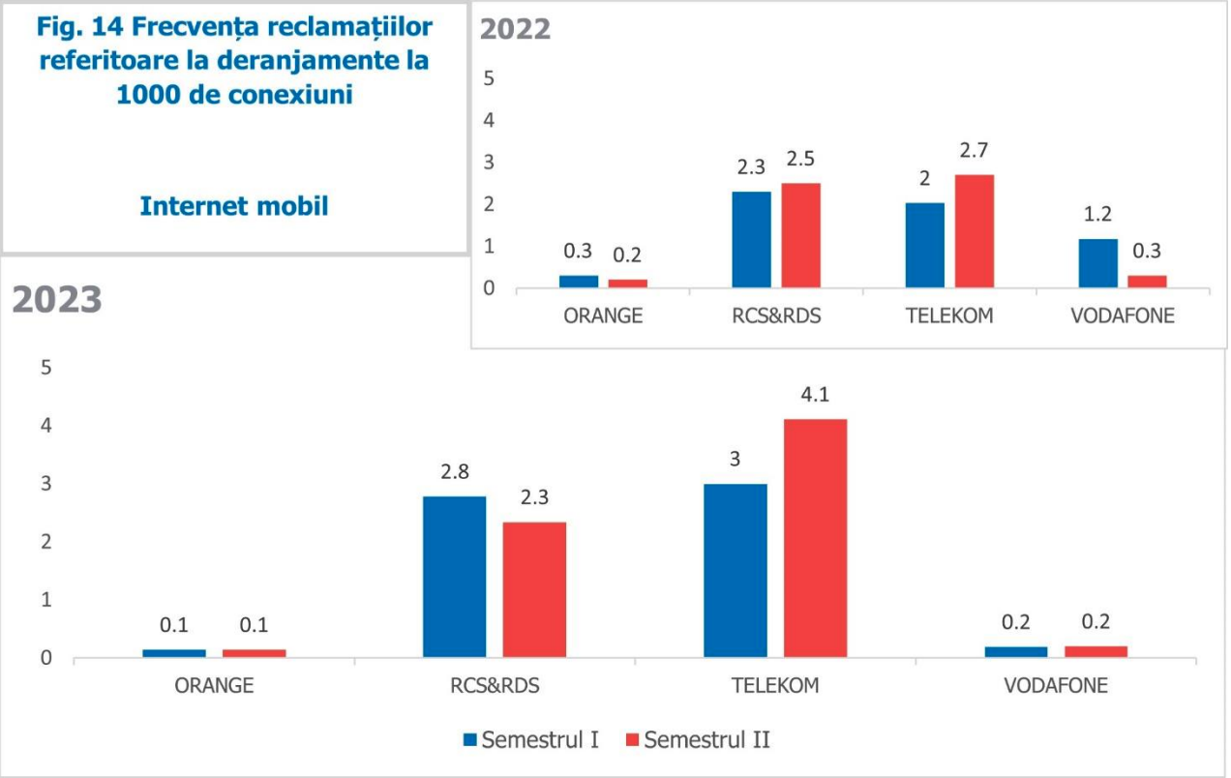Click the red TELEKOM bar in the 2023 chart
pyautogui.click(x=815, y=538)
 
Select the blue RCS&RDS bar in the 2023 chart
pyautogui.click(x=454, y=577)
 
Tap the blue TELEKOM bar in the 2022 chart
pyautogui.click(x=925, y=245)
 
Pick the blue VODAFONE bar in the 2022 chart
pyautogui.click(x=1097, y=263)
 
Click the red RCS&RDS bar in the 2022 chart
pyautogui.click(x=800, y=235)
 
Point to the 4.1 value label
pyautogui.click(x=815, y=395)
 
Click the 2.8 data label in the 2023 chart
pyautogui.click(x=454, y=472)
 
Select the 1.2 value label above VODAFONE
pyautogui.click(x=1096, y=215)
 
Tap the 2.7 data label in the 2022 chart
pyautogui.click(x=974, y=150)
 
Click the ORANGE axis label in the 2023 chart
pyautogui.click(x=214, y=686)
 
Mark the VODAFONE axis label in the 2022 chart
pyautogui.click(x=1123, y=315)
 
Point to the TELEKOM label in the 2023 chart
pyautogui.click(x=775, y=686)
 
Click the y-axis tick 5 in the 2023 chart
pyautogui.click(x=45, y=368)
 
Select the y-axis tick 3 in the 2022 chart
pyautogui.click(x=489, y=162)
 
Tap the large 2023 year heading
pyautogui.click(x=57, y=301)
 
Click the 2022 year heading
pyautogui.click(x=516, y=29)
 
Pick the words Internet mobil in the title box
pyautogui.click(x=234, y=206)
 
